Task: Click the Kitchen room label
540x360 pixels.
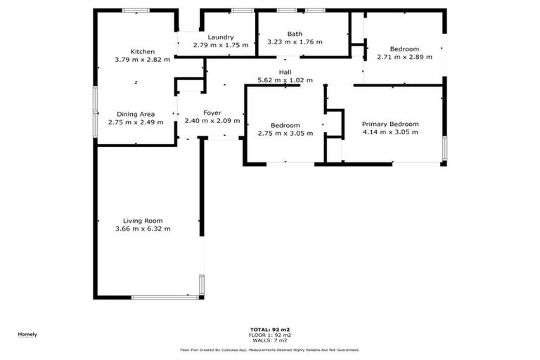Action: pos(143,51)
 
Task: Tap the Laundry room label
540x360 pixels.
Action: pos(221,37)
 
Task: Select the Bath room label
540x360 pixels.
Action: pos(295,34)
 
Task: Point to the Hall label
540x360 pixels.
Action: pos(285,72)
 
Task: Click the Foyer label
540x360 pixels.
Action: pos(212,112)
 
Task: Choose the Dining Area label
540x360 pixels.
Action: pos(136,114)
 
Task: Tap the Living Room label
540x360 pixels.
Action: pos(143,220)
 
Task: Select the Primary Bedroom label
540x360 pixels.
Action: pos(390,124)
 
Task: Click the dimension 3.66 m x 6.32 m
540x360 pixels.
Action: pos(143,229)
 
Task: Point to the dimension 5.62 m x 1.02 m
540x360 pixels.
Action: pos(285,80)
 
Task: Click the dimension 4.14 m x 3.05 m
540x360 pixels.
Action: pos(390,132)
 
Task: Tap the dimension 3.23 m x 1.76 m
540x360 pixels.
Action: pos(295,42)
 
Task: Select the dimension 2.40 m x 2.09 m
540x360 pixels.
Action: pos(212,121)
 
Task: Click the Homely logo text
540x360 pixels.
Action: pos(27,334)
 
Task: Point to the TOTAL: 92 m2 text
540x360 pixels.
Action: pos(270,329)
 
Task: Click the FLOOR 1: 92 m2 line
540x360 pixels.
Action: pos(270,335)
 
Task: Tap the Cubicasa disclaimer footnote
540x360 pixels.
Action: pos(270,349)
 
